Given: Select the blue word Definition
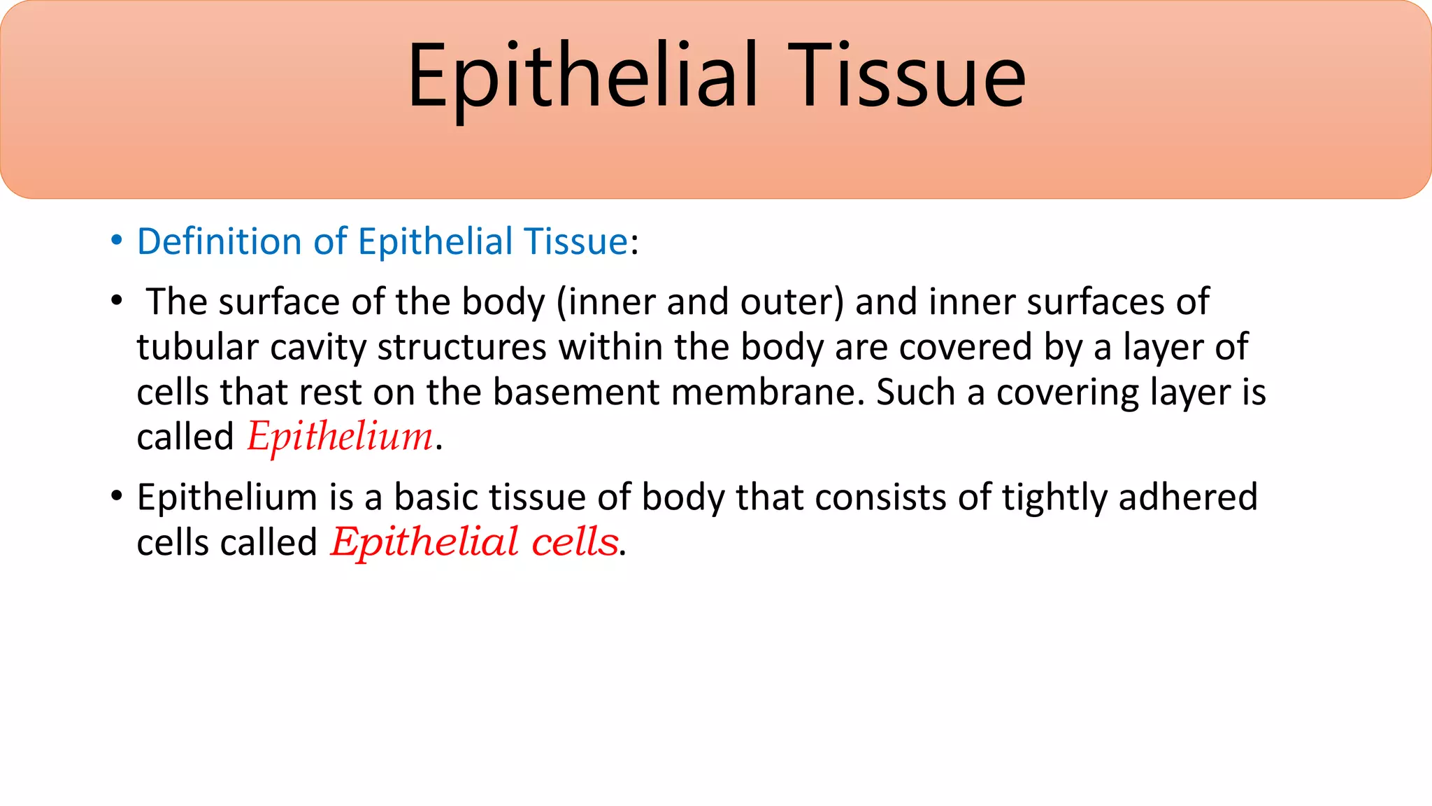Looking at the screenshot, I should (219, 241).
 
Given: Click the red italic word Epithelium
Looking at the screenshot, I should (341, 437).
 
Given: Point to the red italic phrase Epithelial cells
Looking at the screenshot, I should (475, 542).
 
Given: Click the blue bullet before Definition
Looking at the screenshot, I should (117, 241).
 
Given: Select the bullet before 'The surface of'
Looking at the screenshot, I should (117, 302).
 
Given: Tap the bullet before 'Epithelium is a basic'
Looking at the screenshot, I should (117, 497).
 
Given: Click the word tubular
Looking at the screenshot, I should (197, 347).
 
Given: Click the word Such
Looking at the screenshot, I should (915, 392).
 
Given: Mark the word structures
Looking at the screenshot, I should (461, 347).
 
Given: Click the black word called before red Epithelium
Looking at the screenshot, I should (185, 437).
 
